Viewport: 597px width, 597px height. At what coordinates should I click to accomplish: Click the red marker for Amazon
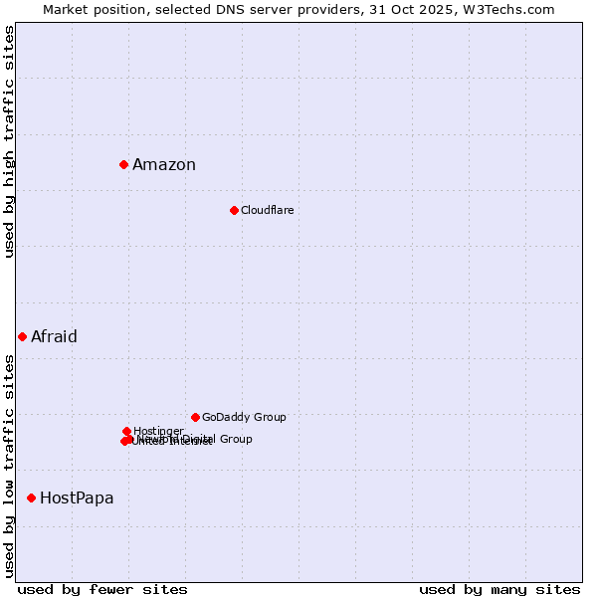[123, 164]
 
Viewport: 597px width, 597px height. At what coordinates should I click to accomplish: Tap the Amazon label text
[164, 165]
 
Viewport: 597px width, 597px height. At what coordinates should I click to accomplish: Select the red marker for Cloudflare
[234, 210]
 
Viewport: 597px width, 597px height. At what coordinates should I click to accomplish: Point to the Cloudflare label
[267, 210]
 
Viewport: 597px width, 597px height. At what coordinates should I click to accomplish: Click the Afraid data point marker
[22, 336]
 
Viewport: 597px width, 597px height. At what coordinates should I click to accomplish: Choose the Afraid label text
[54, 336]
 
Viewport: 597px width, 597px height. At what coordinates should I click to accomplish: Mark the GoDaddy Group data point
[195, 417]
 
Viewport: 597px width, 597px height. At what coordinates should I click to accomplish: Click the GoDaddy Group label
[244, 417]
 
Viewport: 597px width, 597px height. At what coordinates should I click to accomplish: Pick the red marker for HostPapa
[31, 497]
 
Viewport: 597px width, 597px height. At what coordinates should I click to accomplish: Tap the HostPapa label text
[77, 498]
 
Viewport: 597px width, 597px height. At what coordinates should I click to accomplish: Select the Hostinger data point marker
[126, 431]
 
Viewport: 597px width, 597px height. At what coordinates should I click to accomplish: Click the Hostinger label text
[158, 431]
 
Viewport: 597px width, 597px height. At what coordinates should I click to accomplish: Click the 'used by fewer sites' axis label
[102, 589]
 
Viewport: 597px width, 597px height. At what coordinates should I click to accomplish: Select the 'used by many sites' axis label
[499, 589]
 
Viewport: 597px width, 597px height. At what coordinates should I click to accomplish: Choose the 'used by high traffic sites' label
[10, 141]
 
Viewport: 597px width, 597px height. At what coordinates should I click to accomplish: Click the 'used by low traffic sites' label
[10, 465]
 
